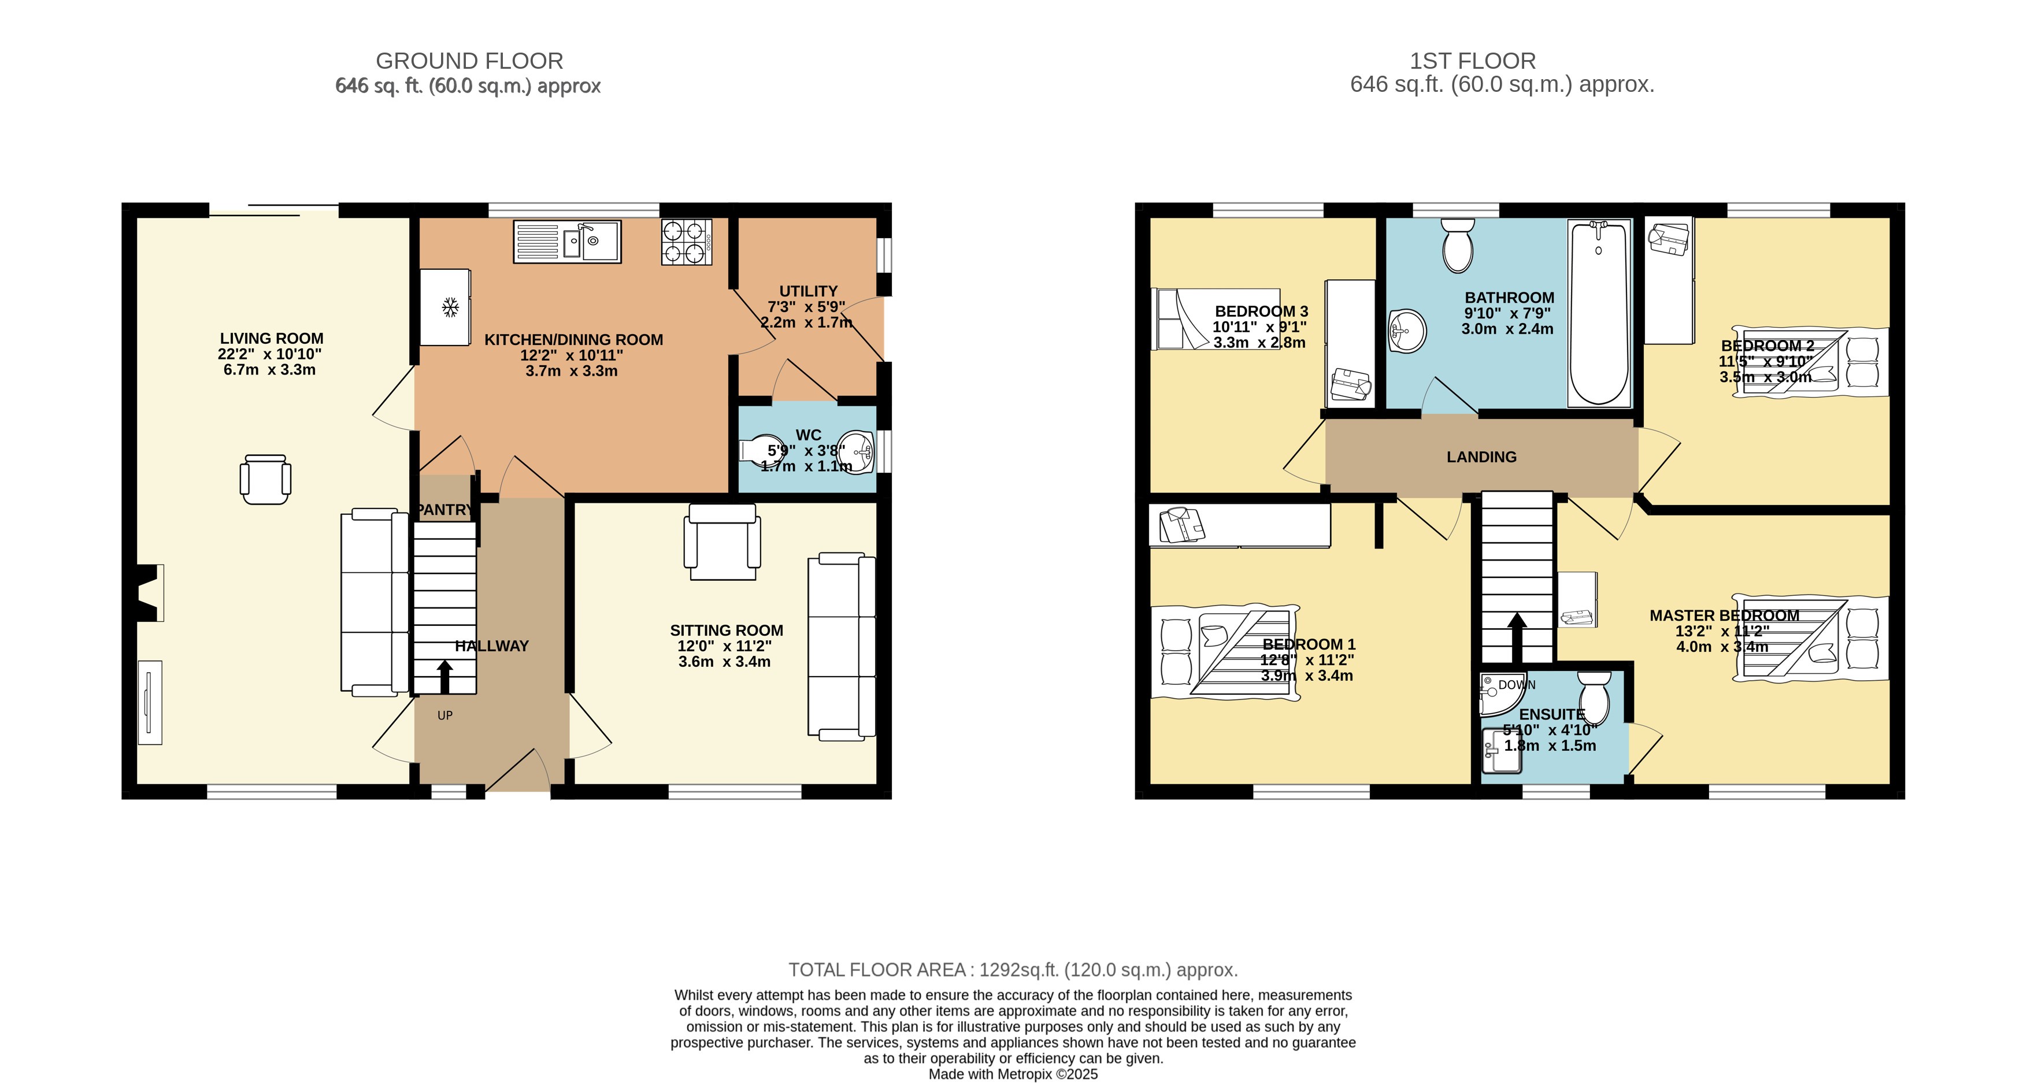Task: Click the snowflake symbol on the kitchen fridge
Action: tap(450, 307)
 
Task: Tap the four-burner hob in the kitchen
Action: tap(686, 242)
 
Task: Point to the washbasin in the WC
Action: tap(858, 453)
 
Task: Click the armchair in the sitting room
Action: tap(722, 542)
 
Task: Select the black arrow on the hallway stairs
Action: tap(444, 676)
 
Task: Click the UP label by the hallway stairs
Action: tap(444, 715)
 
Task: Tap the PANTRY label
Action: tap(444, 510)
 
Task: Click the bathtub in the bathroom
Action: tap(1599, 312)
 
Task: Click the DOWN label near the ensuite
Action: tap(1516, 685)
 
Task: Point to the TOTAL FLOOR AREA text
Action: tap(1013, 970)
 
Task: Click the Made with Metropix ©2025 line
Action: tap(1013, 1074)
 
